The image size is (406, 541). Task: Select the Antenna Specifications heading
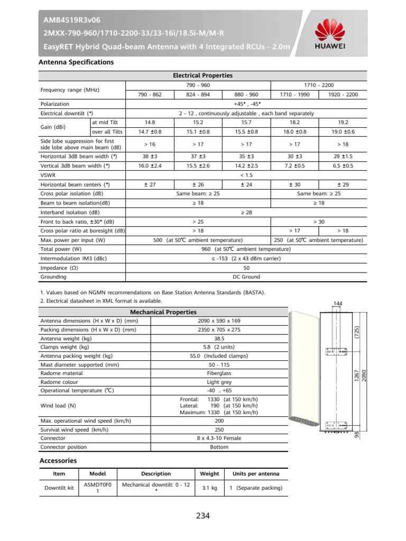pos(77,62)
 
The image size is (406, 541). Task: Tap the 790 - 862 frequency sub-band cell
pos(150,95)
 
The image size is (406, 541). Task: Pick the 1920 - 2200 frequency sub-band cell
pos(343,95)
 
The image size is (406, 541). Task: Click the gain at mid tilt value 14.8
pos(150,122)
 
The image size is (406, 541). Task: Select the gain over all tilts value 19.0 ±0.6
pos(343,132)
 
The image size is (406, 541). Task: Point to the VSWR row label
pos(48,175)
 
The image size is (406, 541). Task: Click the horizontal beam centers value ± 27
pos(150,184)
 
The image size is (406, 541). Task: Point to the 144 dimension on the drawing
pos(338,303)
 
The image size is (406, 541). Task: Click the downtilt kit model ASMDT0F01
pos(98,488)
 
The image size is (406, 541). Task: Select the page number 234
pos(203,516)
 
